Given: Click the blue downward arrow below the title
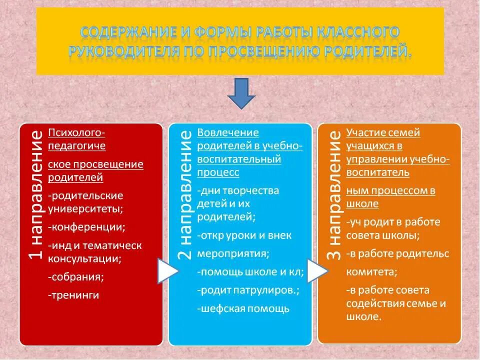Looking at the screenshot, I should click(241, 94).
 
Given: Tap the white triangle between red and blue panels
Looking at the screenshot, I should click(167, 270).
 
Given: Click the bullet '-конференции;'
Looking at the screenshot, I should click(86, 227).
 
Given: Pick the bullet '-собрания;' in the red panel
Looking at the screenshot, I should click(76, 276).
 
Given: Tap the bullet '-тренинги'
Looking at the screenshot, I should click(73, 295).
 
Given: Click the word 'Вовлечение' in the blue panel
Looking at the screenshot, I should click(228, 133).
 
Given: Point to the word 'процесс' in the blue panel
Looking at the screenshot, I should click(218, 172).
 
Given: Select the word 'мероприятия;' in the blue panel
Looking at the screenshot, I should click(233, 253).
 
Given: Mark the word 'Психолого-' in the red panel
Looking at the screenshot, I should click(76, 133).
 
